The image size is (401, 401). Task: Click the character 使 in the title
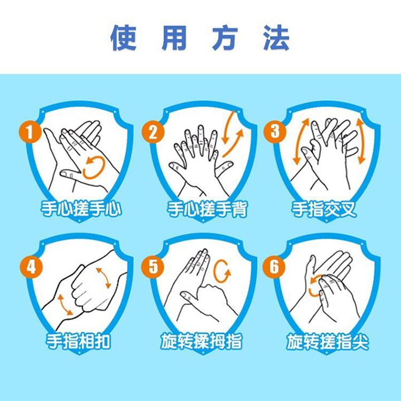point(124,37)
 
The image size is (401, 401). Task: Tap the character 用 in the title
point(174,37)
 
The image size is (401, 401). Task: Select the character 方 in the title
point(225,37)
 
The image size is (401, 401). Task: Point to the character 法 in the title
point(276,37)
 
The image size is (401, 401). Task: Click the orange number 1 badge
point(30,132)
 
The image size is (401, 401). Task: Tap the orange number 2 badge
point(153,132)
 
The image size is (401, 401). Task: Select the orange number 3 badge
point(275,132)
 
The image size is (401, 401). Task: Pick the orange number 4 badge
point(31,267)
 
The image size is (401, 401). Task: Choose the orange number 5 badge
point(153,266)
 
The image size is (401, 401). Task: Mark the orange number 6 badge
point(274,266)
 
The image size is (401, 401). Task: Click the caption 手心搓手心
point(81,209)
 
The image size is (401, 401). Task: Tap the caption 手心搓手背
point(207,209)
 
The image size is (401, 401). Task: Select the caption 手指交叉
point(324,209)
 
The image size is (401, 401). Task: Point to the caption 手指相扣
point(78,342)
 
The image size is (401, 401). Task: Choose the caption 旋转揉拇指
point(201,342)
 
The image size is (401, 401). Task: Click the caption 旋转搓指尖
point(327,342)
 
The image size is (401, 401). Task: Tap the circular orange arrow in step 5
point(215,271)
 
